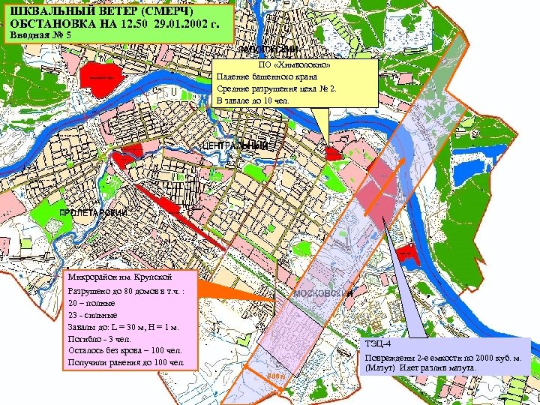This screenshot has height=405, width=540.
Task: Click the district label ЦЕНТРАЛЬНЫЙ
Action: click(235, 145)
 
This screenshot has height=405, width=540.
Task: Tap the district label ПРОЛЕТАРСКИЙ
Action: click(94, 213)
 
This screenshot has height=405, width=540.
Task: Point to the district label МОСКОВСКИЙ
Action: click(324, 293)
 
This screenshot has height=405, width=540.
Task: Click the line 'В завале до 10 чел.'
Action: click(246, 100)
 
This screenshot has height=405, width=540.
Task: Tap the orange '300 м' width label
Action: click(277, 376)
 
